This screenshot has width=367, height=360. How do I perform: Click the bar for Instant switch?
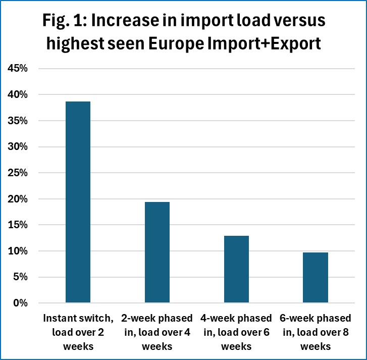78,202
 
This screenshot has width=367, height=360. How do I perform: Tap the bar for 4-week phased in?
236,269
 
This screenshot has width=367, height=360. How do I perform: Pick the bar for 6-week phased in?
316,277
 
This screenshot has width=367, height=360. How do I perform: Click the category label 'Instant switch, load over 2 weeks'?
78,332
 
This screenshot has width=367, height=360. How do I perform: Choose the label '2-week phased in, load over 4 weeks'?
157,332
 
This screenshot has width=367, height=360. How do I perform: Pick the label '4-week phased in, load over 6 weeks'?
236,332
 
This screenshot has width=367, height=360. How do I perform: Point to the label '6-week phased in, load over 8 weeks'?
316,332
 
